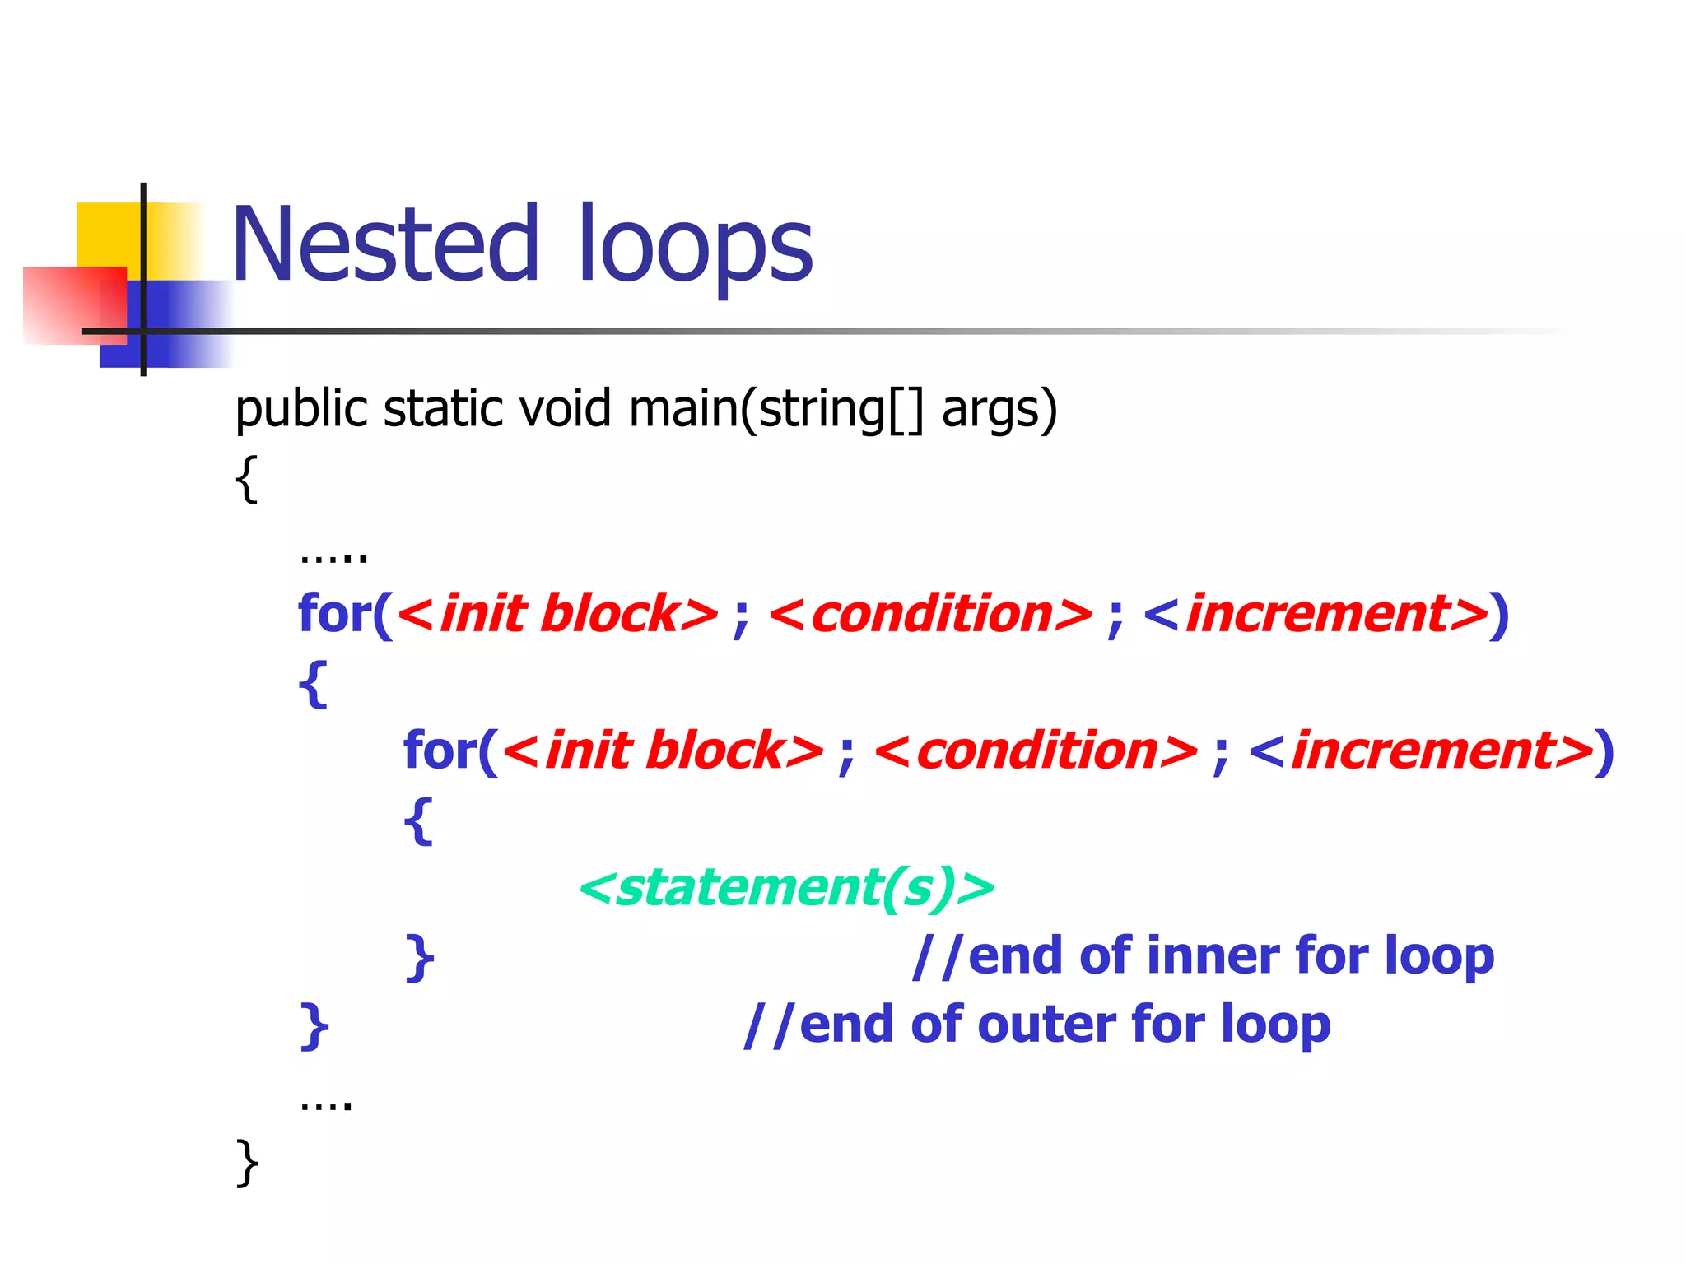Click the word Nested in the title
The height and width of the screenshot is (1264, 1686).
385,245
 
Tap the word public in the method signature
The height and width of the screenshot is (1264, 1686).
300,410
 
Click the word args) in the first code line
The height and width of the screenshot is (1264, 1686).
999,410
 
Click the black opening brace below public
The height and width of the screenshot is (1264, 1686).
246,479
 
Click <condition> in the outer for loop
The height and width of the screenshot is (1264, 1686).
930,614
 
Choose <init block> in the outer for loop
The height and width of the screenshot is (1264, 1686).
557,614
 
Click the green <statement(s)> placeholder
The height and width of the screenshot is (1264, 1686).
787,887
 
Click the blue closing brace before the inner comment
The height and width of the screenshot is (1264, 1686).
419,957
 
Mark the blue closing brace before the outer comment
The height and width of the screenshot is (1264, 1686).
314,1026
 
